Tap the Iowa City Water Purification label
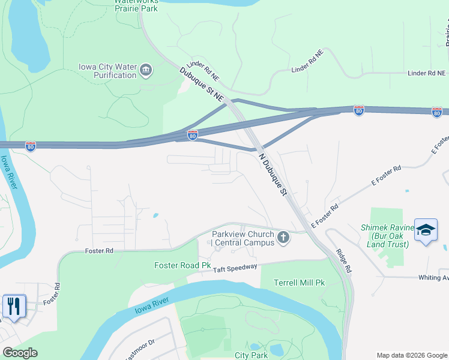click(x=108, y=71)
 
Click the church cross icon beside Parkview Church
click(x=283, y=238)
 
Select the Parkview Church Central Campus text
click(x=243, y=238)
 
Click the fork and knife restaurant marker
click(x=14, y=306)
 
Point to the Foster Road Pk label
click(x=182, y=265)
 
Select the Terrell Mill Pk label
click(x=298, y=283)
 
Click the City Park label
click(x=250, y=356)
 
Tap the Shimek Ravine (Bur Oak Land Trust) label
click(x=387, y=236)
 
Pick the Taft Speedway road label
click(x=235, y=269)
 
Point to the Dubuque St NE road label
click(x=201, y=84)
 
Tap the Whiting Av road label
click(x=433, y=277)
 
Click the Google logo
click(x=20, y=352)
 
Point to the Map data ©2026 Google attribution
click(x=412, y=355)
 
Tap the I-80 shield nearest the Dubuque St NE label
click(x=192, y=136)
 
